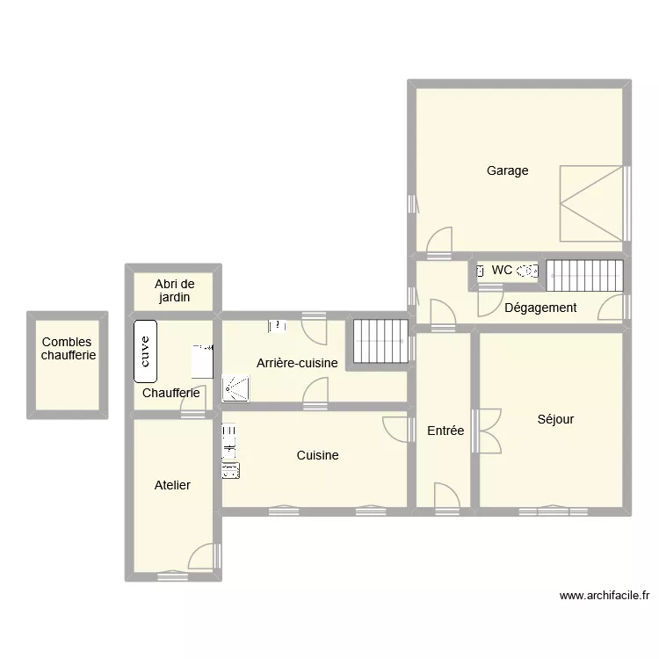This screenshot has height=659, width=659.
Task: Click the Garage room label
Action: pos(508,170)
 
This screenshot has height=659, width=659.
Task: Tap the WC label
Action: pos(502,271)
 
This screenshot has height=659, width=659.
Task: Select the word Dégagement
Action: pos(540,308)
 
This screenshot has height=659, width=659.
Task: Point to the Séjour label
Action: pos(555,419)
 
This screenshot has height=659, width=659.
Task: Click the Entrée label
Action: pos(445,431)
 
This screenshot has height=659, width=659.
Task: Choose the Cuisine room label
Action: pos(317,455)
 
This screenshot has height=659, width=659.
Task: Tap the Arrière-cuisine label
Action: pos(297,363)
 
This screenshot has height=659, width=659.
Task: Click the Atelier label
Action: pos(172,485)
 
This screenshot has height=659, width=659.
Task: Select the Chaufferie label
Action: pos(170,393)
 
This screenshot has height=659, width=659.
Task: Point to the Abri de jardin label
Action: pos(174,291)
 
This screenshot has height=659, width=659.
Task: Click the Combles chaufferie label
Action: pos(69,349)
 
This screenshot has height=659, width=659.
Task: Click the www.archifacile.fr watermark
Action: pos(605,595)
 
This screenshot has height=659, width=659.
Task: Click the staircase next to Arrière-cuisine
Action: pos(380,340)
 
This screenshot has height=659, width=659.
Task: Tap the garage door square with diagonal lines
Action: pos(592,202)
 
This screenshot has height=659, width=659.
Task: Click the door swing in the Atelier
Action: pos(203,556)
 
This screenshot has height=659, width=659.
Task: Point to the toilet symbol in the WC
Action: pos(527,272)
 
